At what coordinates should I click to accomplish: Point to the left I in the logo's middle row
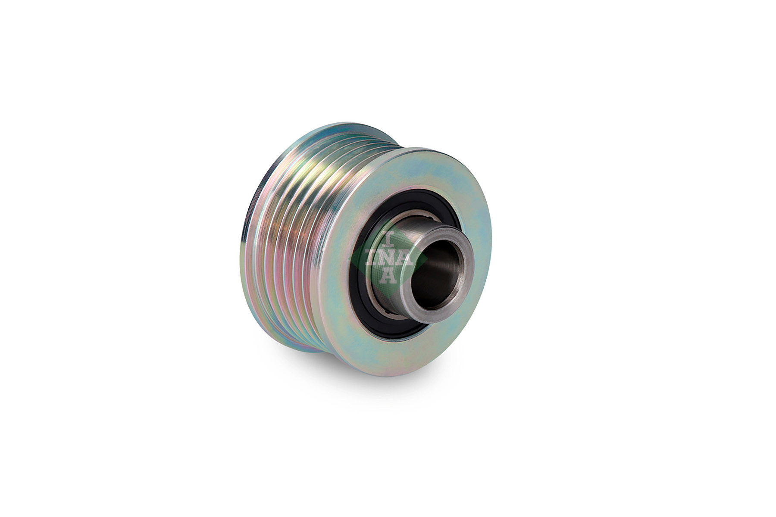(x=372, y=259)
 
